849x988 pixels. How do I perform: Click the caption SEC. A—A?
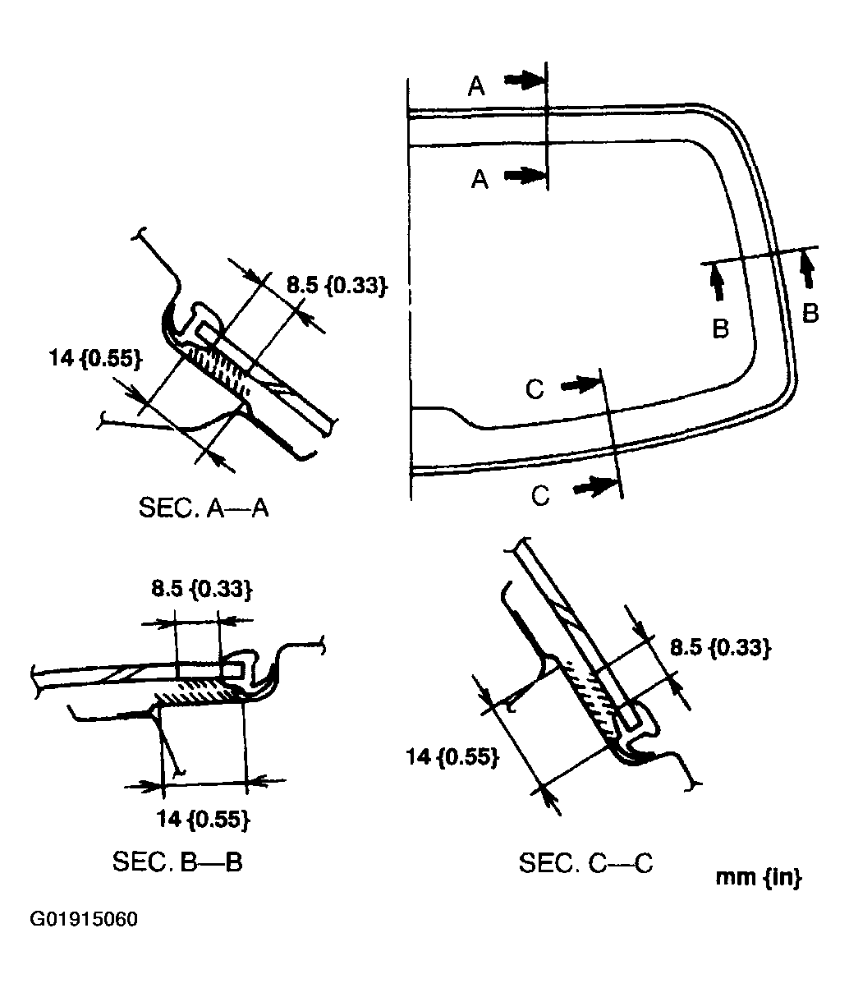[x=204, y=508]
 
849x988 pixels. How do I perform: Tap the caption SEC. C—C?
[x=586, y=863]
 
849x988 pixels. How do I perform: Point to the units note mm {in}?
[x=758, y=876]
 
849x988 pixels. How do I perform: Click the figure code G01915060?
[x=84, y=918]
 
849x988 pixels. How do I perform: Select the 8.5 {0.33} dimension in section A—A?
[x=336, y=286]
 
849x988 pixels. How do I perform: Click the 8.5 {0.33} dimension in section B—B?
[x=200, y=589]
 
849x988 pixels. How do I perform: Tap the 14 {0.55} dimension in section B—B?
[x=204, y=818]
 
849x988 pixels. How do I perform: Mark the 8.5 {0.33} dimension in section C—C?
[x=720, y=648]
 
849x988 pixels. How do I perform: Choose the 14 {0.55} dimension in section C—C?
[x=452, y=756]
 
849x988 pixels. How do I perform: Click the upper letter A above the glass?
[x=476, y=86]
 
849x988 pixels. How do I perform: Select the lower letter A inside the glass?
[x=480, y=179]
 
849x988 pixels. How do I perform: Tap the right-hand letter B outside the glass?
[x=810, y=314]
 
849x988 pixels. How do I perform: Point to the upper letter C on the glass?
[x=535, y=388]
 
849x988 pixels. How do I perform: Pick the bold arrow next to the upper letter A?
[x=525, y=80]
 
